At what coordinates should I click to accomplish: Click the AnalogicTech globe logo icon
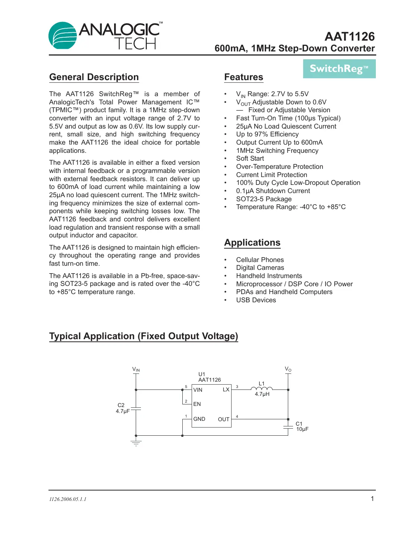pos(63,36)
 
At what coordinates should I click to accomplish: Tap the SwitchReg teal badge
pos(339,69)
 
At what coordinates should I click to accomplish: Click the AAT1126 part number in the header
pos(349,37)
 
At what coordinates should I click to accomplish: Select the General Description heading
pos(94,77)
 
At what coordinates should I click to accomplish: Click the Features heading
pos(243,77)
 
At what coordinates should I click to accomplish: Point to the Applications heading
pos(252,243)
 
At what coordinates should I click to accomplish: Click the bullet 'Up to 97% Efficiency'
pos(267,134)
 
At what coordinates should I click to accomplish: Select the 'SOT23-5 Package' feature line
pos(264,199)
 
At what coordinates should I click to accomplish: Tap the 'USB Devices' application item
pos(256,300)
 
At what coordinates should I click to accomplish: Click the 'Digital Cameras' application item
pos(260,268)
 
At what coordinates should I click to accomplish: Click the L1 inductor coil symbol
pos(262,389)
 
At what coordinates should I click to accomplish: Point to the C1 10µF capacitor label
pos(302,426)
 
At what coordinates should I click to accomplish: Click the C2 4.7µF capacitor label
pos(122,408)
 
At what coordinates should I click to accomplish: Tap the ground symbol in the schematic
pos(136,443)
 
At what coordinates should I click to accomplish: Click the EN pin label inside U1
pos(197,404)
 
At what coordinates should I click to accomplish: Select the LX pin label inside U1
pos(226,389)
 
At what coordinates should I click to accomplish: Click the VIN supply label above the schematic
pos(136,369)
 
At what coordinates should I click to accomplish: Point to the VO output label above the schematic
pos(288,369)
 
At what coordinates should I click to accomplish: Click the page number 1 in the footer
pos(372,499)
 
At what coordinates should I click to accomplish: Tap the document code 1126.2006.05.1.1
pos(67,499)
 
